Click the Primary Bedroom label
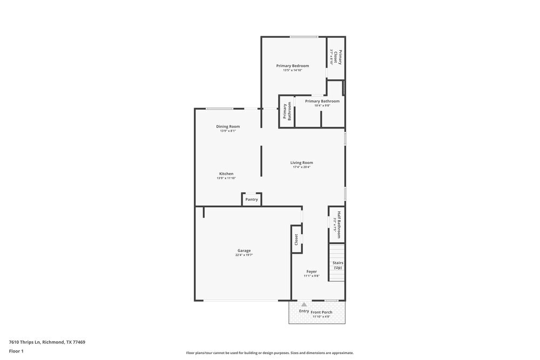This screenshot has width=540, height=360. coord(293,66)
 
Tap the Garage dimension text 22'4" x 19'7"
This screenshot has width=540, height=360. coord(244,255)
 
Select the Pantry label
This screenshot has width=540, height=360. coord(252,200)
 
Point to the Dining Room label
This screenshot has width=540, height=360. coord(228,126)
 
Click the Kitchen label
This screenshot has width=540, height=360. coord(226,174)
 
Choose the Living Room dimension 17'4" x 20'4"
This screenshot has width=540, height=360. coord(301,167)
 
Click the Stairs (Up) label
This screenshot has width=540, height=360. coord(338,265)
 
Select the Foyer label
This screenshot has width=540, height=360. coord(312,271)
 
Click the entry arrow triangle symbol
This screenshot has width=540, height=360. coord(304,305)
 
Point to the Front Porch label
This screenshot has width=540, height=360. coord(321,313)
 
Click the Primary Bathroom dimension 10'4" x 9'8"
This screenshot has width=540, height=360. coord(322,106)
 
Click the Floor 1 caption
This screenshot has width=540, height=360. coord(17,351)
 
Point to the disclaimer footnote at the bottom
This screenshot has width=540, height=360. coord(269,352)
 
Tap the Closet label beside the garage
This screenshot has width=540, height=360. coord(296,239)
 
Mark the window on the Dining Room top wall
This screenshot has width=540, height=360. coord(215,108)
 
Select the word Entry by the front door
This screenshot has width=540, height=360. coord(304,311)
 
